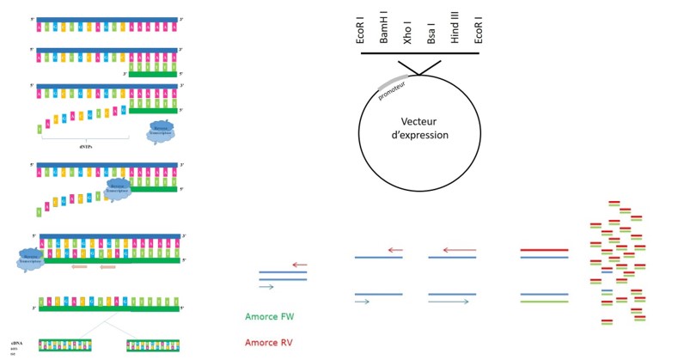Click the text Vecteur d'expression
coord(419,129)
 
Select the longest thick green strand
coord(544,302)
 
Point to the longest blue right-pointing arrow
coord(449,302)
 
